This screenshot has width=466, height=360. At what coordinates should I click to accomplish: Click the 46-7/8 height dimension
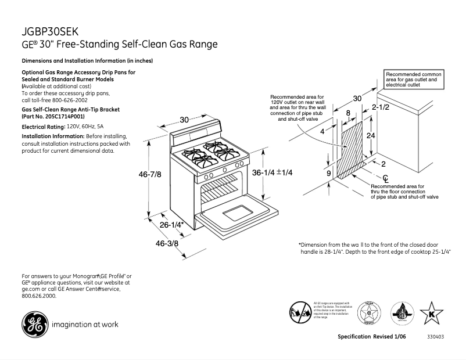[149, 174]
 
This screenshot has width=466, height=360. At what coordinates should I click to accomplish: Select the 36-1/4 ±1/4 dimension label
[272, 172]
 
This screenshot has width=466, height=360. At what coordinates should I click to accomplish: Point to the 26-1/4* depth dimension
[172, 224]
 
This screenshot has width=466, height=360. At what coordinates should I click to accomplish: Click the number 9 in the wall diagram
[328, 174]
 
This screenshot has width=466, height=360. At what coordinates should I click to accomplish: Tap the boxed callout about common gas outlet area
[413, 80]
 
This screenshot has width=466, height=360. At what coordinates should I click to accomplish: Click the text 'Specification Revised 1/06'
[371, 337]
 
